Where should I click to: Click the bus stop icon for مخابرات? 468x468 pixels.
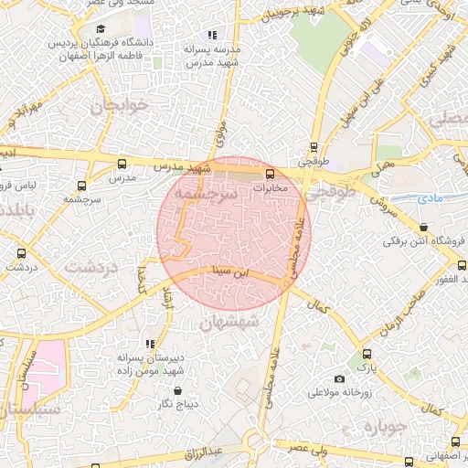point(270,174)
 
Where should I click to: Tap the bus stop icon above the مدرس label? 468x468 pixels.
point(122,165)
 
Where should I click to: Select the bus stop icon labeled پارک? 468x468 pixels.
point(367,355)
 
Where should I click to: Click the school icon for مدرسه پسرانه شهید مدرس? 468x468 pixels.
point(212,35)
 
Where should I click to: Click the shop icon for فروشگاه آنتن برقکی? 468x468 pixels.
point(422,228)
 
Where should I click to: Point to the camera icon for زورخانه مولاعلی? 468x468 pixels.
point(340,378)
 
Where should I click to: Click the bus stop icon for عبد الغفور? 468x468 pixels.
point(461,265)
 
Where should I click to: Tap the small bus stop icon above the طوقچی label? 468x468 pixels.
point(314,146)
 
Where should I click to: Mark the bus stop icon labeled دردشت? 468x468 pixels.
point(20,254)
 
